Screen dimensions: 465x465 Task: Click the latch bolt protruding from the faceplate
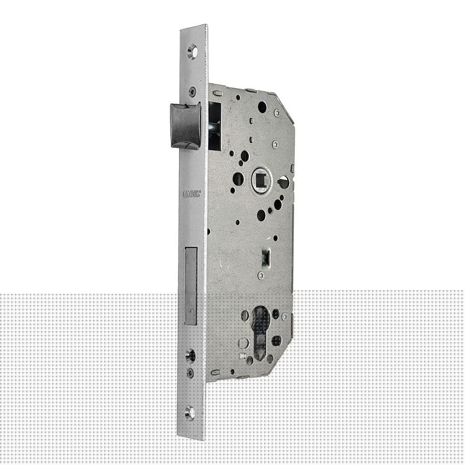[x=185, y=126]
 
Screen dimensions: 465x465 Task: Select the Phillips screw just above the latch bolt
[x=192, y=92]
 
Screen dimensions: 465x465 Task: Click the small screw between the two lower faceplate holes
[x=190, y=372]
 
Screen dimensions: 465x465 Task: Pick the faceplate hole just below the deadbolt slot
[x=190, y=356]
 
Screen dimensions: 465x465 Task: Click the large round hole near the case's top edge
[x=262, y=107]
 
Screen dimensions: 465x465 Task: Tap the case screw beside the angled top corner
[x=277, y=113]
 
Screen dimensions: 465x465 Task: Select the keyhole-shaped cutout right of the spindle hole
[x=283, y=182]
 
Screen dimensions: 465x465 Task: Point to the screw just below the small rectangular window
[x=261, y=275]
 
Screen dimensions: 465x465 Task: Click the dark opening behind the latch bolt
[x=214, y=126]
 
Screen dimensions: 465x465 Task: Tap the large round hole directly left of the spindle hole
[x=238, y=179]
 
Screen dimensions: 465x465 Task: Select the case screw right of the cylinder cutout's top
[x=285, y=316]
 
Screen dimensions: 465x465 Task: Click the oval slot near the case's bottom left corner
[x=216, y=372]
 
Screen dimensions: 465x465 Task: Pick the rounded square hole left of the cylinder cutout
[x=243, y=343]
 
